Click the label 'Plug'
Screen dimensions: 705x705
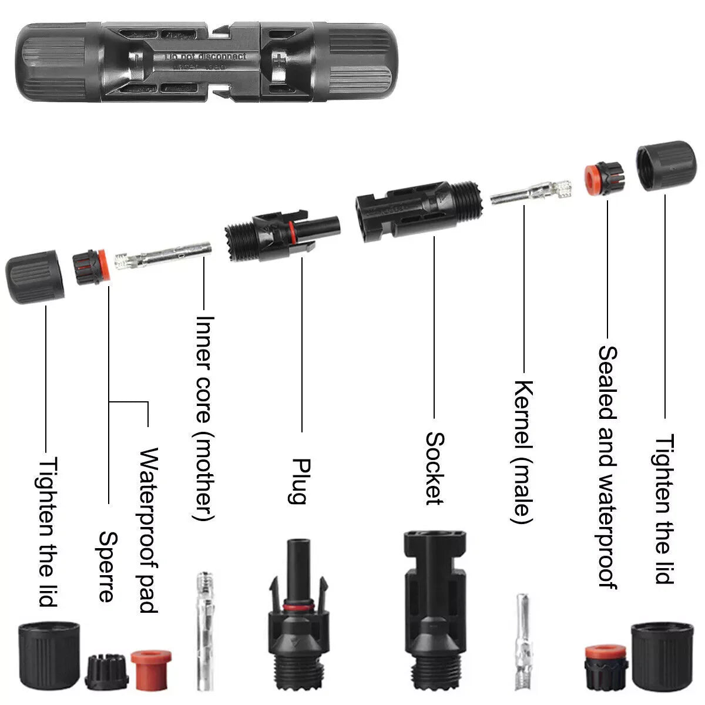tap(299, 481)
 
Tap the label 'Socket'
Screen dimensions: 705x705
tap(434, 468)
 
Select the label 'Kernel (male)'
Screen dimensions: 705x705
tap(523, 452)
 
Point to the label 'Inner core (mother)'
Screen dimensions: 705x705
tap(204, 418)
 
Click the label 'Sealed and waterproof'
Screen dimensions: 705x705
tap(607, 467)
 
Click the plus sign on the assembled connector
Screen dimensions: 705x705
tap(277, 61)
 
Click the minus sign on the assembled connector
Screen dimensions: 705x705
tap(137, 59)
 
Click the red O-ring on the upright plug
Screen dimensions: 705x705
tap(297, 605)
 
